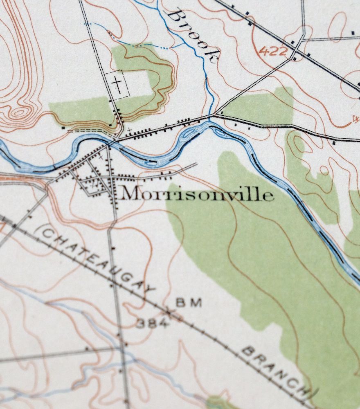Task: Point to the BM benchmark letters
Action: pyautogui.click(x=189, y=303)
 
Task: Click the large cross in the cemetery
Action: pyautogui.click(x=117, y=85)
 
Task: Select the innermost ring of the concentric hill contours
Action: pyautogui.click(x=18, y=112)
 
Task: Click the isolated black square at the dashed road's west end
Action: pyautogui.click(x=64, y=128)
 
